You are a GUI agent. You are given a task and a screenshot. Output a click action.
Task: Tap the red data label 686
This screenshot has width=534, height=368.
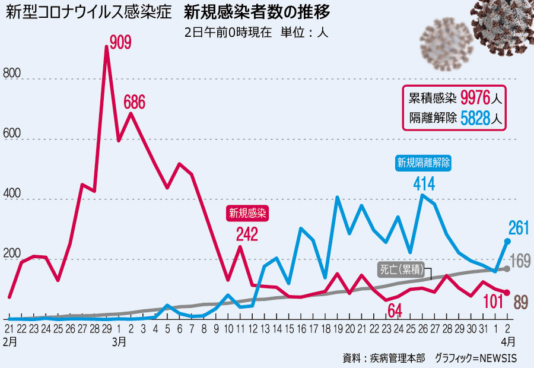pyautogui.click(x=134, y=102)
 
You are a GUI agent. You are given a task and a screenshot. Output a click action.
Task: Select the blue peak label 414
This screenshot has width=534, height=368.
pyautogui.click(x=424, y=184)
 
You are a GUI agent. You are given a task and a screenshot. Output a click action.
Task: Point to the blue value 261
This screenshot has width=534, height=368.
pyautogui.click(x=518, y=227)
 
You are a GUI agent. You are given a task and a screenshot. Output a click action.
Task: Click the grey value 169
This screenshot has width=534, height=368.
pyautogui.click(x=520, y=261)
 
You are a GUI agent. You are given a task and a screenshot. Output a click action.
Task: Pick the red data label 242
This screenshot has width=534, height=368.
pyautogui.click(x=246, y=234)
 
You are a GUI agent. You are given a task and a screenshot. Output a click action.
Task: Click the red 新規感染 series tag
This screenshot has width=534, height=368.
pyautogui.click(x=249, y=212)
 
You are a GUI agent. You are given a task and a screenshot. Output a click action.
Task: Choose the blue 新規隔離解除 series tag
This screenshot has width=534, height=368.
pyautogui.click(x=424, y=162)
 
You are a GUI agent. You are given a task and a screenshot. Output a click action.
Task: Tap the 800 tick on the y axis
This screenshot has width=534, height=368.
pyautogui.click(x=12, y=74)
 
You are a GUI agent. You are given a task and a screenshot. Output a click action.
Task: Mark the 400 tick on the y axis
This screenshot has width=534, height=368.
pyautogui.click(x=12, y=195)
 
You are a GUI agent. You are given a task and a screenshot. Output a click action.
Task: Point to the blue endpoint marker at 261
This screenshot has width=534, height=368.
pyautogui.click(x=507, y=241)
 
